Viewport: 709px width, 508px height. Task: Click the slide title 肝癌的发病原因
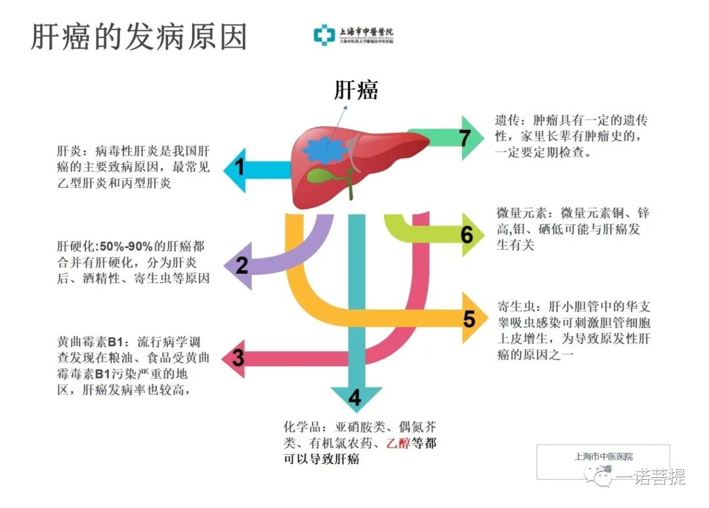pos(139,37)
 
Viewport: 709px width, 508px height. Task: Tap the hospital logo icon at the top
pos(324,35)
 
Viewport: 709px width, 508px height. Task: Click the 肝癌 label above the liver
pos(356,90)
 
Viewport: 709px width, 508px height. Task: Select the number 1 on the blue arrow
pos(240,168)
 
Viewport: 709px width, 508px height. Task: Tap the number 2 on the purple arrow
pos(242,266)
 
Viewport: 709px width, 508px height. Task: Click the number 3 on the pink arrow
pos(238,358)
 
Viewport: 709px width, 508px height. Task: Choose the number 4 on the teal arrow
pos(355,398)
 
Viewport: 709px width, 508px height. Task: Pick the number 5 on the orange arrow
pos(469,319)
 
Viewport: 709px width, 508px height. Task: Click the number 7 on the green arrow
pos(465,138)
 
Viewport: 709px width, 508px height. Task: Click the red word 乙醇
pos(398,443)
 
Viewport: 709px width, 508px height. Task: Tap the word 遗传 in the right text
pos(508,121)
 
